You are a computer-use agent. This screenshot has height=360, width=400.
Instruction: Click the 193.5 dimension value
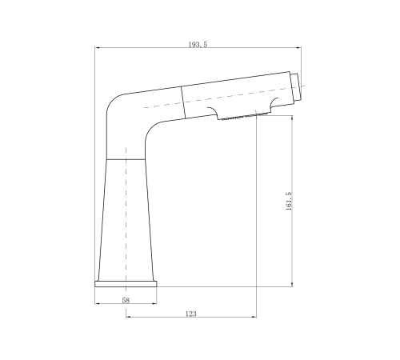tap(198, 45)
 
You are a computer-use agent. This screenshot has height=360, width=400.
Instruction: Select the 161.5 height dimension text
tap(289, 202)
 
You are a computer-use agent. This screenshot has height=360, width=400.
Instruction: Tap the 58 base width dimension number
tap(126, 300)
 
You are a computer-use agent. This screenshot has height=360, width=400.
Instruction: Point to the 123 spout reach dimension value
tap(191, 314)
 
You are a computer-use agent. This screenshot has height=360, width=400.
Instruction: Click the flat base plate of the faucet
tap(126, 284)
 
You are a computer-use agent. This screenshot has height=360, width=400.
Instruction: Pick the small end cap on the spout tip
tap(297, 87)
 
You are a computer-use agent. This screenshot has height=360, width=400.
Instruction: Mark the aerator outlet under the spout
tap(244, 117)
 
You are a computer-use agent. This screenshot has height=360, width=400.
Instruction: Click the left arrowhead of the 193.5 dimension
tap(97, 48)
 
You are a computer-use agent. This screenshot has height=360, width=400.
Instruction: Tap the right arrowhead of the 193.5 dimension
tap(299, 48)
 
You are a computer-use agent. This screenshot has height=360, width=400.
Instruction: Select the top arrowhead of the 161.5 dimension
tap(292, 118)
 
